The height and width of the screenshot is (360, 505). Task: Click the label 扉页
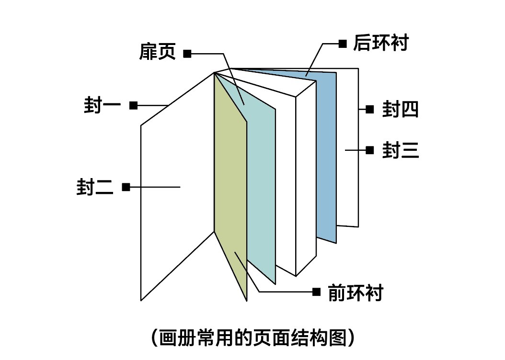tap(158, 52)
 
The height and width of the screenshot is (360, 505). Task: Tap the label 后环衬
tap(380, 43)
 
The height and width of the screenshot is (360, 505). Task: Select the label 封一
tap(102, 105)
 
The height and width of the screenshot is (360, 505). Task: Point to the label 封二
tap(95, 187)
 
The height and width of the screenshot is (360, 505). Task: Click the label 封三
tap(401, 150)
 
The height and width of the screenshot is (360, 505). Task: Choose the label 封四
tap(401, 110)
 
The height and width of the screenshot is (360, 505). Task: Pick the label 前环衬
tap(356, 292)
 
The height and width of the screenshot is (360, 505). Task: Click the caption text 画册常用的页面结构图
tap(252, 337)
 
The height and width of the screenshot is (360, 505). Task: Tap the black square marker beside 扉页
tap(187, 54)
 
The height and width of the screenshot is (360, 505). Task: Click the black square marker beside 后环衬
tap(343, 44)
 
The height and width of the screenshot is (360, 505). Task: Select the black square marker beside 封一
tap(134, 105)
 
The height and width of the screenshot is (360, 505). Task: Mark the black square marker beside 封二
tap(126, 187)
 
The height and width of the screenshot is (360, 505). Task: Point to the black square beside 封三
tap(369, 150)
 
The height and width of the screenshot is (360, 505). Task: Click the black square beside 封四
tap(369, 109)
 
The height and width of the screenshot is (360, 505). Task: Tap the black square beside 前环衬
tap(316, 292)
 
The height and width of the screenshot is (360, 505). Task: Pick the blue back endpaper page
tap(326, 158)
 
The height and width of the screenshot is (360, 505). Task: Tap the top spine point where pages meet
tap(214, 73)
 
